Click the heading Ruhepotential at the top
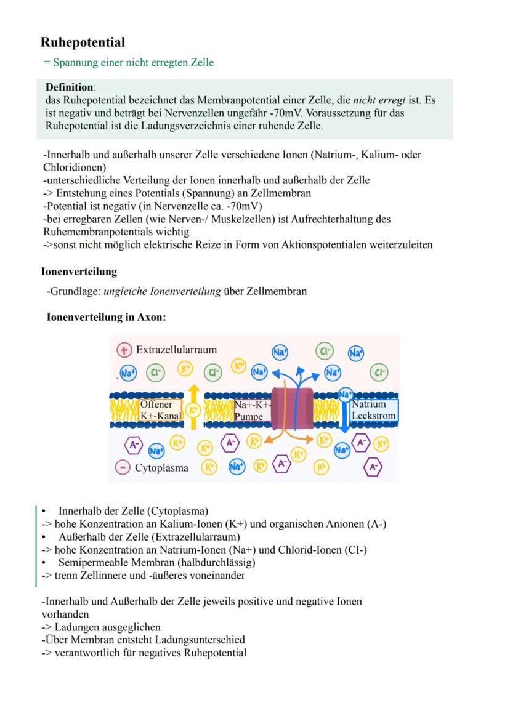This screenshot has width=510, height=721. [x=83, y=42]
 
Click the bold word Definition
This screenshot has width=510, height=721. [x=70, y=87]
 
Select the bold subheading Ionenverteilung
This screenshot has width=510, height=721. [x=78, y=271]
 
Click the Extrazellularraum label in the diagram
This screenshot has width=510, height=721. [x=176, y=350]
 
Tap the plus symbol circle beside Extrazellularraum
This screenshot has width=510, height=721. [x=124, y=350]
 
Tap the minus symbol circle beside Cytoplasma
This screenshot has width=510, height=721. [x=123, y=467]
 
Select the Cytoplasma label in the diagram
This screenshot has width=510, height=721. [x=161, y=467]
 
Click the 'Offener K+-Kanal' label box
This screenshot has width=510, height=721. [x=160, y=410]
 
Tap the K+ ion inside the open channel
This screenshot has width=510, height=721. [x=193, y=409]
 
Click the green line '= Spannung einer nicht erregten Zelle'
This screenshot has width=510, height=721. [x=127, y=63]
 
